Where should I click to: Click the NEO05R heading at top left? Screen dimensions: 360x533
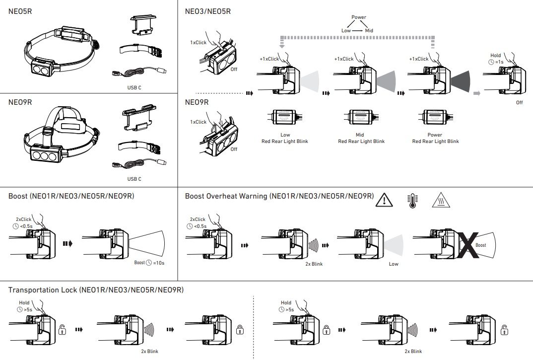click(20, 11)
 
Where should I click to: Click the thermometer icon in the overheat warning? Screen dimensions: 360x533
click(411, 200)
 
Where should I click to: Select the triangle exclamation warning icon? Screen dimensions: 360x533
click(384, 200)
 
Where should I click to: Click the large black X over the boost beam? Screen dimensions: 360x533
click(468, 246)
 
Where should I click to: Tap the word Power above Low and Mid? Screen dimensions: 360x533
click(358, 17)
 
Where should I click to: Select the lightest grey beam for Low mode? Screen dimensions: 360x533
click(310, 80)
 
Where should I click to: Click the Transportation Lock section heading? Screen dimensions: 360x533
click(96, 289)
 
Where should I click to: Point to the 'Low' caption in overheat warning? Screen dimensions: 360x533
click(394, 264)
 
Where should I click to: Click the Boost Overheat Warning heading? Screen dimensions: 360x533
click(279, 196)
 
